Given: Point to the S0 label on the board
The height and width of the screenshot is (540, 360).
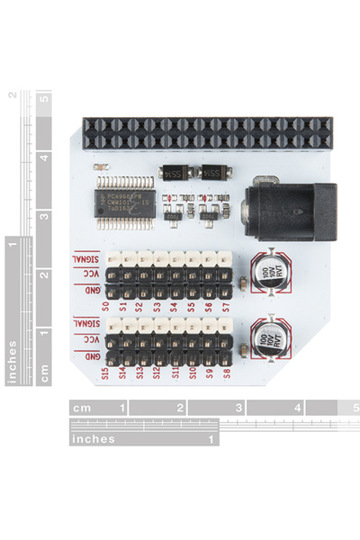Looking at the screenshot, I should [x=106, y=306].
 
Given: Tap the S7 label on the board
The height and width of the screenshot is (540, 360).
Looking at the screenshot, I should [x=226, y=306].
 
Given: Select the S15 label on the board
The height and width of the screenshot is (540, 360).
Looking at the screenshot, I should [x=106, y=372].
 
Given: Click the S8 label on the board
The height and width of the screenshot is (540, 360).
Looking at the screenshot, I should [x=226, y=372].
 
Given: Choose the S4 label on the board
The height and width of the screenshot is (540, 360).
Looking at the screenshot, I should [x=174, y=306].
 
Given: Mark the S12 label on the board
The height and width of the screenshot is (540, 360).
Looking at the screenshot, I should [x=157, y=372].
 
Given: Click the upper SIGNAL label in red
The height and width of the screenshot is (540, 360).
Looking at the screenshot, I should [x=87, y=258].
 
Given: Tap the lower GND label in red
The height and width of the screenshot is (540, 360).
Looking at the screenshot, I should [x=91, y=356].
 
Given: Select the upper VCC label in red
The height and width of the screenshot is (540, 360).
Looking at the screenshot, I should [x=91, y=274].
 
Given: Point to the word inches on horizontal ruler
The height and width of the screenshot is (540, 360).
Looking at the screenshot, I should [x=94, y=439].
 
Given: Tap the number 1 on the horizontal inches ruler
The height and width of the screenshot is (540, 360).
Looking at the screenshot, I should [x=212, y=439].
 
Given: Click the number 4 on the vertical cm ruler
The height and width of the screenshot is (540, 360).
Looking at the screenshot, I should [x=42, y=157].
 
